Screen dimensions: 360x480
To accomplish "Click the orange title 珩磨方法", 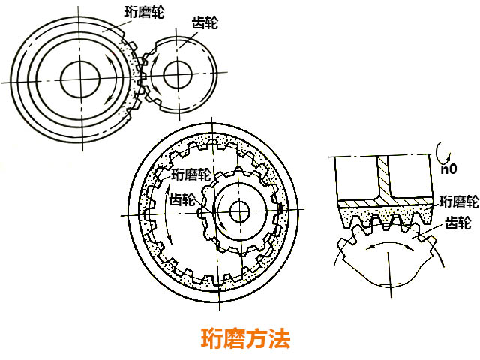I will [x=245, y=338].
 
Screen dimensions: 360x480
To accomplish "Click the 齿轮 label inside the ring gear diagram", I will [x=183, y=200].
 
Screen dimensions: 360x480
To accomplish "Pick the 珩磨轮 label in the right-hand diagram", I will [x=458, y=201].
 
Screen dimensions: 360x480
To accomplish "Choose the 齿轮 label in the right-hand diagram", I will [x=458, y=223].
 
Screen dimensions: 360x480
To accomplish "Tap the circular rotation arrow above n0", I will [x=445, y=156].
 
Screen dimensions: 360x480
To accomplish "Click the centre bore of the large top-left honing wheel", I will [x=76, y=78].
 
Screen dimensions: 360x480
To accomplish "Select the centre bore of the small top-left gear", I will [x=177, y=74].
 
